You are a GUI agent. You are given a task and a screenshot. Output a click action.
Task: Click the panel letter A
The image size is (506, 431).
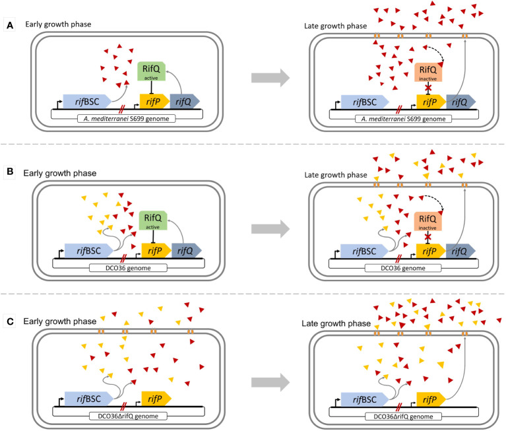coord(10,25)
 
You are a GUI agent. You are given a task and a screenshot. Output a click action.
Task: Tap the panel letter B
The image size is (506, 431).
coord(10,172)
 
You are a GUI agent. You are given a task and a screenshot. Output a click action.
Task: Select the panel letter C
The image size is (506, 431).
coord(10,322)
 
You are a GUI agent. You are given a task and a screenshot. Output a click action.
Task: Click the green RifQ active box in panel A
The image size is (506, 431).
coord(151,71)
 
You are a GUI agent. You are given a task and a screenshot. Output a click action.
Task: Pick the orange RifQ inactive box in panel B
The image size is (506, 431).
coord(427,222)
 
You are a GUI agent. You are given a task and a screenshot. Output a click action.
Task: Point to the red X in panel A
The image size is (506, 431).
coord(428,87)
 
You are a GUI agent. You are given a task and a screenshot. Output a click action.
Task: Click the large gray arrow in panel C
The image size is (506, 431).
coord(270,383)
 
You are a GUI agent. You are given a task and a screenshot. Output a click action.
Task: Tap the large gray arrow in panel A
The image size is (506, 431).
coord(270,78)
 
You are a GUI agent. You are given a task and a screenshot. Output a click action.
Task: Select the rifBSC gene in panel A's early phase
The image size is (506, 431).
coord(87,102)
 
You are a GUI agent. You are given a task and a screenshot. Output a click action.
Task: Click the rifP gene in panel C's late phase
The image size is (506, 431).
coord(431,399)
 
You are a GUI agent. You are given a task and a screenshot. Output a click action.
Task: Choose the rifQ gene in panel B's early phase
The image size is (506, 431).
coord(186,251)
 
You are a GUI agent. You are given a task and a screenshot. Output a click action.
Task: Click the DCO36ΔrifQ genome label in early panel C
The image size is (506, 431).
coord(128,416)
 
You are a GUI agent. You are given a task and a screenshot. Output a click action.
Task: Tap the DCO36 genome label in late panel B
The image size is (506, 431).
coord(403,268)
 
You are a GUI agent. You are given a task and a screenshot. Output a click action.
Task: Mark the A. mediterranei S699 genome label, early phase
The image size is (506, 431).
coord(126,119)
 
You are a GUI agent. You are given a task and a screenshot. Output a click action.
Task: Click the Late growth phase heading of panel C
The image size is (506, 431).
coord(336,323)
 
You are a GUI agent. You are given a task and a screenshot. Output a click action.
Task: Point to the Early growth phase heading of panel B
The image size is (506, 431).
coord(59,174)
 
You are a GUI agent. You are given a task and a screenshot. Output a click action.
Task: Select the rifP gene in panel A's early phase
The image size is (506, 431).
coord(154,102)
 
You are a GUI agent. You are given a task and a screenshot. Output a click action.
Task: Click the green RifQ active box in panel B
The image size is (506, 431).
coord(153,220)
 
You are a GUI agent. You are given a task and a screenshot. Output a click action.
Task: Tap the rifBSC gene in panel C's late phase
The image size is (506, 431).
coord(365,399)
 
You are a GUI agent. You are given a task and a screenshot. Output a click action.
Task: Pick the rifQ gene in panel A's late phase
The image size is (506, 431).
coord(461,102)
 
